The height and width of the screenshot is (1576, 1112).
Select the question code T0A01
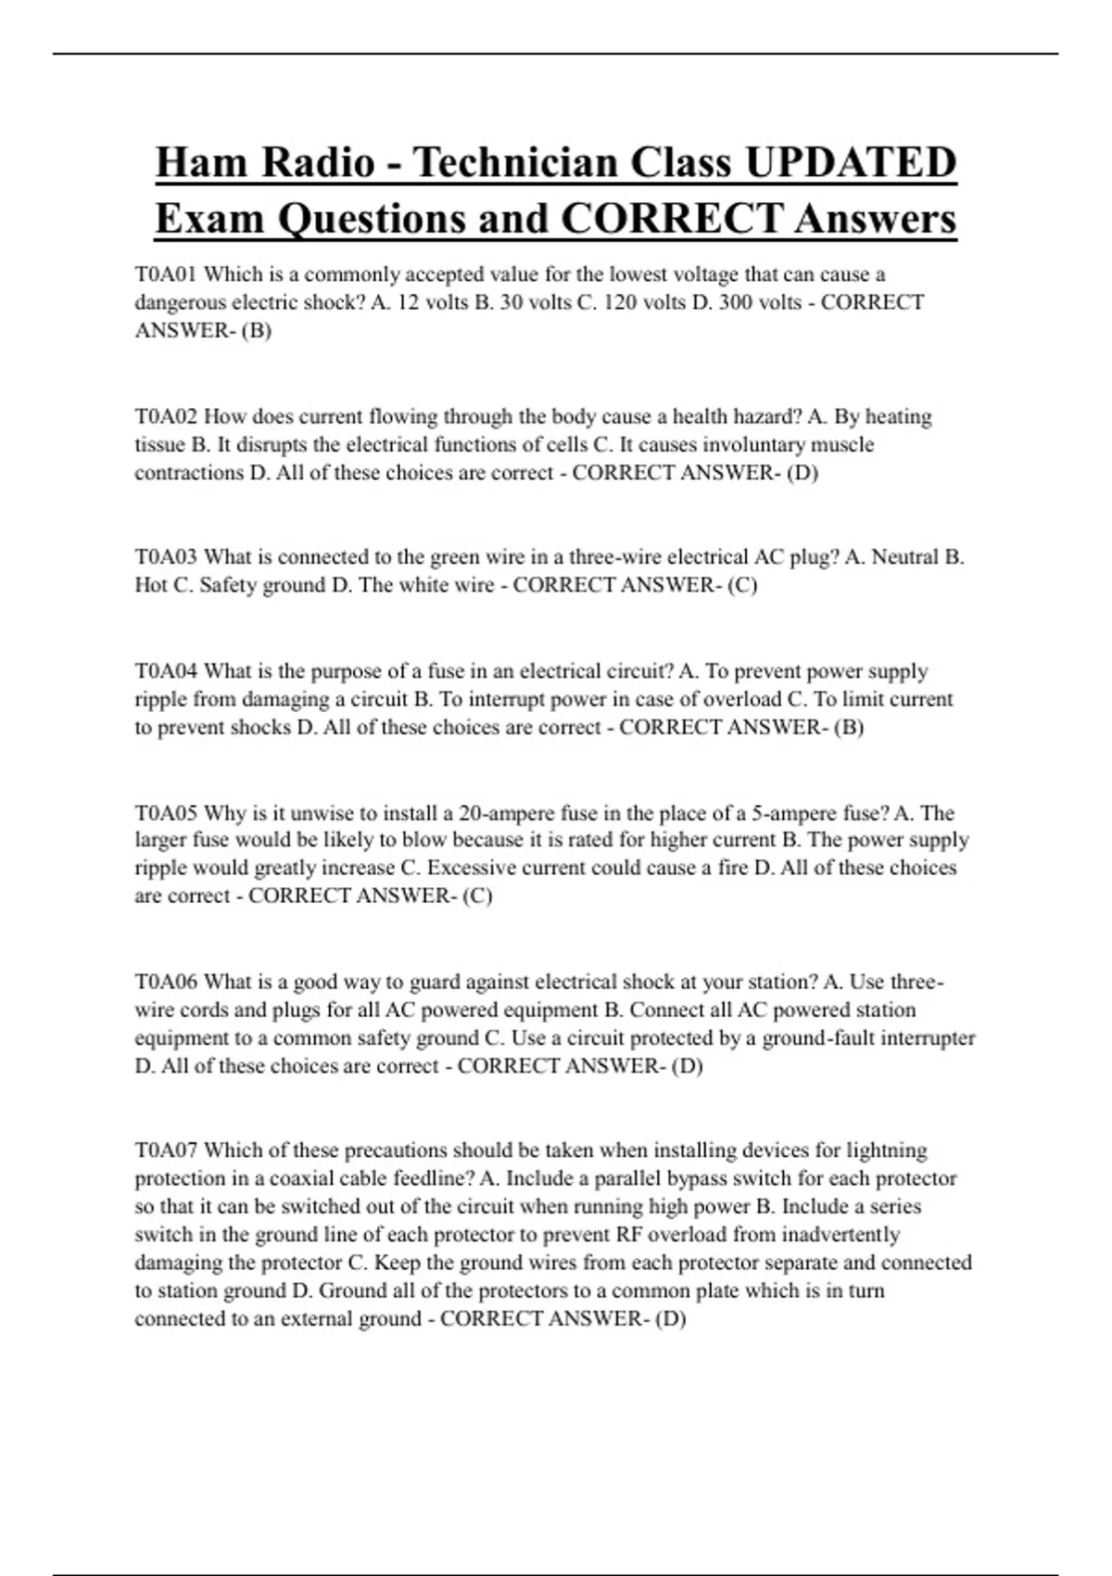(x=166, y=274)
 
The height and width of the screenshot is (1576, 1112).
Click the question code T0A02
(x=166, y=416)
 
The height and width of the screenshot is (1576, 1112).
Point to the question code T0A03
(x=166, y=557)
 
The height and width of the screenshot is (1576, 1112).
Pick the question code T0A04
(x=166, y=671)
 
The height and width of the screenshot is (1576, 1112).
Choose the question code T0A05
(x=166, y=813)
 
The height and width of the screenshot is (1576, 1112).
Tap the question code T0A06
(x=166, y=982)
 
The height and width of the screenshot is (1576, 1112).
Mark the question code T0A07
(x=166, y=1150)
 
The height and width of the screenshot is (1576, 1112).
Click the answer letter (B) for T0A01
(x=256, y=331)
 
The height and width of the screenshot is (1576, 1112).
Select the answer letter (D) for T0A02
(x=802, y=473)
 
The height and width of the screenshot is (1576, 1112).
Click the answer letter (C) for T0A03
(x=742, y=586)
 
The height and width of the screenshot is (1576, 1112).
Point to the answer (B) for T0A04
(x=849, y=728)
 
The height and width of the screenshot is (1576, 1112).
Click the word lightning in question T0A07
(x=885, y=1150)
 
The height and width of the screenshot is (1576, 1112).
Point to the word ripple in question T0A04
(x=159, y=700)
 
